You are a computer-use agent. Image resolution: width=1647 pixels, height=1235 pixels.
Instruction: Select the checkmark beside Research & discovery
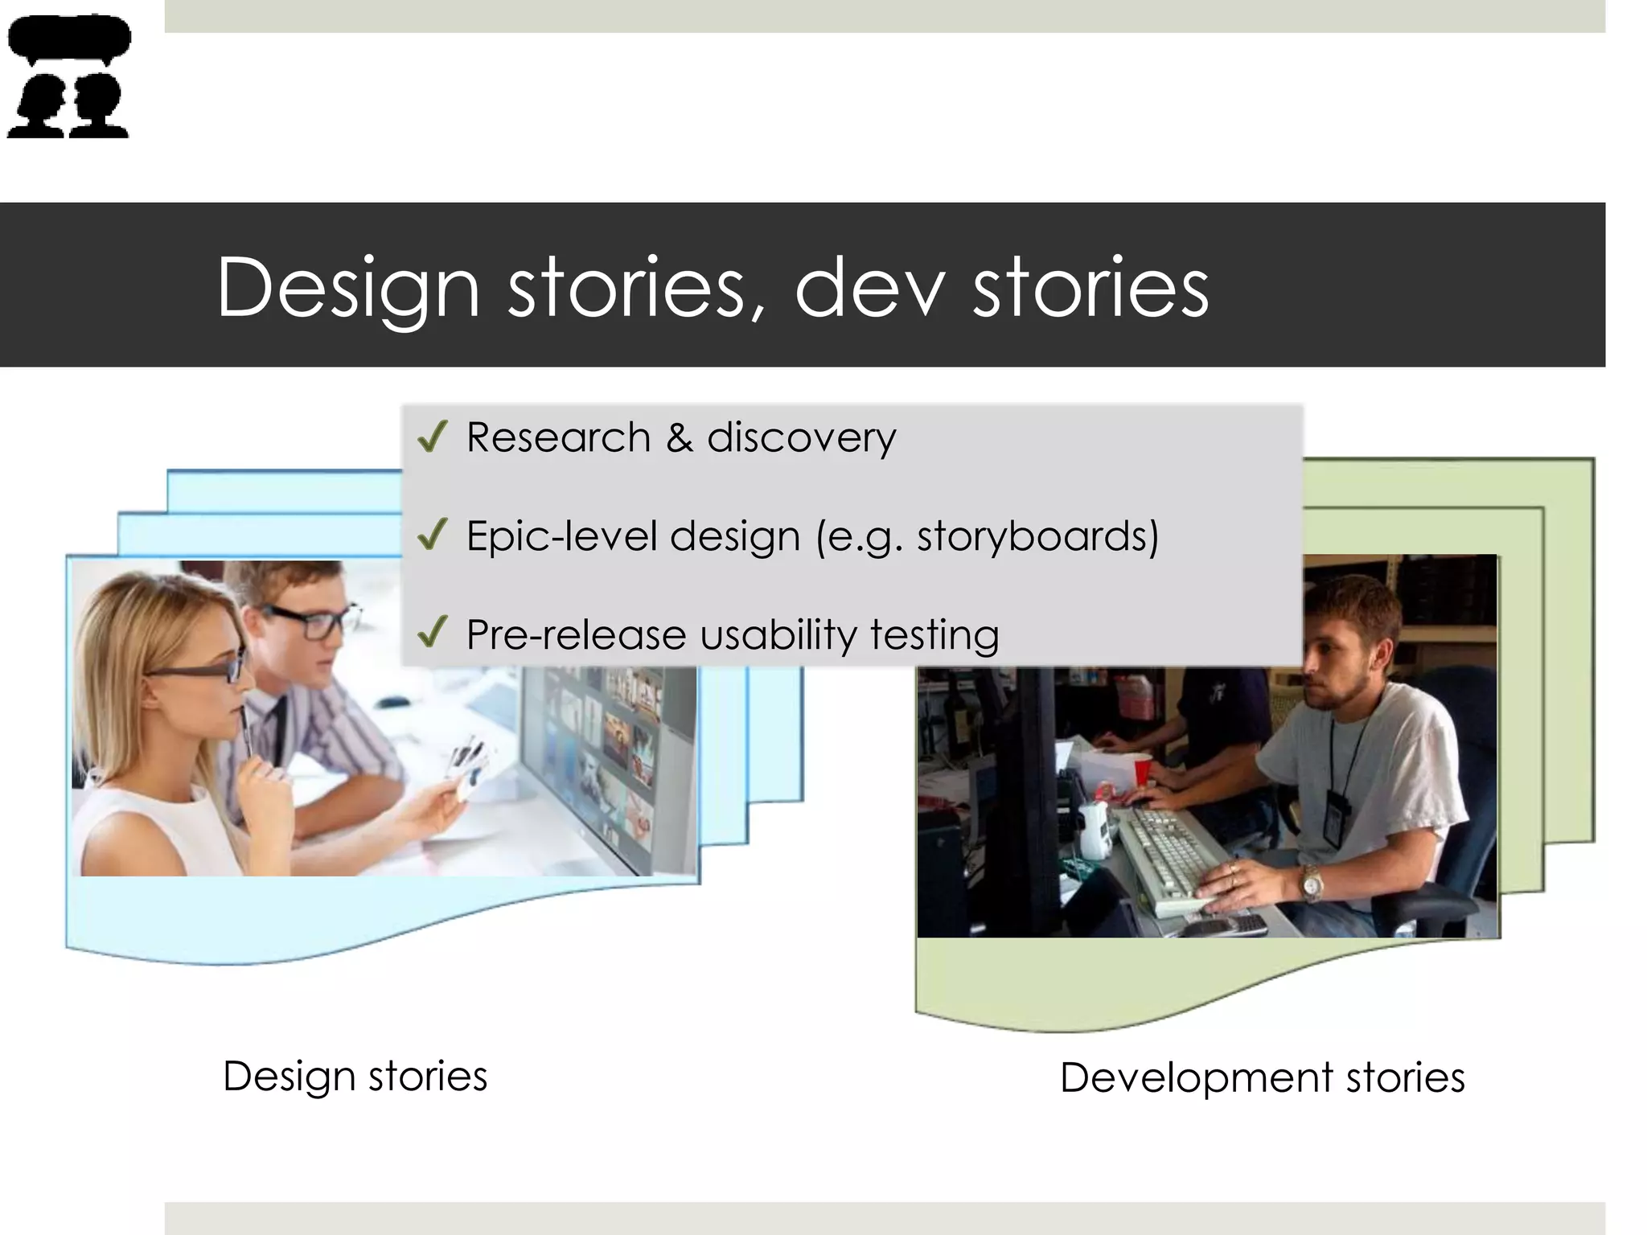(433, 437)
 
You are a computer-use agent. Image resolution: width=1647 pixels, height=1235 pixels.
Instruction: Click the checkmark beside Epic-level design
(433, 535)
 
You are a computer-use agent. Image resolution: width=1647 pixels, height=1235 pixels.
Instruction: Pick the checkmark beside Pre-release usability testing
(433, 634)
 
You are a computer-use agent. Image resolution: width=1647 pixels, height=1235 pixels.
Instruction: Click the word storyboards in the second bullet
(1037, 537)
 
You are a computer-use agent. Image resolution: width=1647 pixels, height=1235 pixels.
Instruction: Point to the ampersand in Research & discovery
(679, 438)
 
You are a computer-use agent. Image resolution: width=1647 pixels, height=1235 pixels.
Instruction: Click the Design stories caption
(355, 1077)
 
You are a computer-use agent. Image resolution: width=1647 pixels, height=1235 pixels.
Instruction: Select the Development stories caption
(1262, 1078)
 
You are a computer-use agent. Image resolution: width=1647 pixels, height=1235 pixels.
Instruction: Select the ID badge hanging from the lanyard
(1334, 817)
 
